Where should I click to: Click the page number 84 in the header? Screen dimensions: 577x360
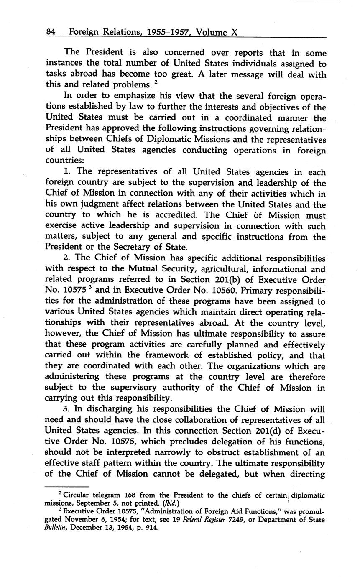(51, 32)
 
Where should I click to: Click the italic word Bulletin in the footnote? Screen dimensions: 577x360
(57, 527)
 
